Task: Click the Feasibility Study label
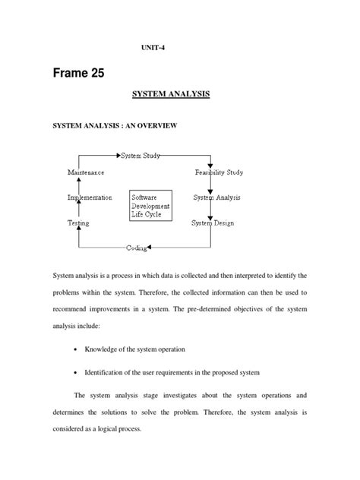point(218,172)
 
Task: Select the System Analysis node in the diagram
point(216,197)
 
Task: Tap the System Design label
point(213,223)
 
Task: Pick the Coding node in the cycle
point(137,248)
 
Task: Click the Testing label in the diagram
point(78,223)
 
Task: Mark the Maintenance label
point(87,172)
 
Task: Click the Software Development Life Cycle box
point(151,205)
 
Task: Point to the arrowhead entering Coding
point(150,248)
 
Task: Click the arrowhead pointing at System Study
point(118,156)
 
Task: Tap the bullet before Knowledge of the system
point(77,349)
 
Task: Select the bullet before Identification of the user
point(77,373)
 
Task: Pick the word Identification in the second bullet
point(114,373)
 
